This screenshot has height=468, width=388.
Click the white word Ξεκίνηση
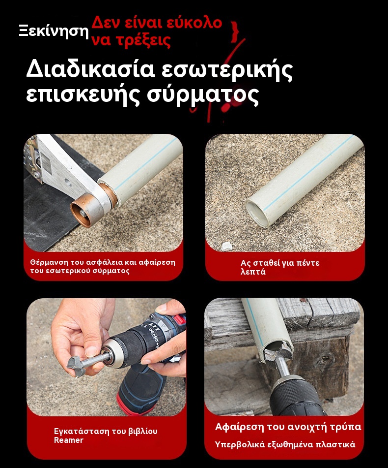[54, 31]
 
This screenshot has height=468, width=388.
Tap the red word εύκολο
[194, 23]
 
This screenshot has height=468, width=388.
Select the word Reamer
[68, 440]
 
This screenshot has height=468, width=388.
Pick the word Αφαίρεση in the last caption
[239, 427]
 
